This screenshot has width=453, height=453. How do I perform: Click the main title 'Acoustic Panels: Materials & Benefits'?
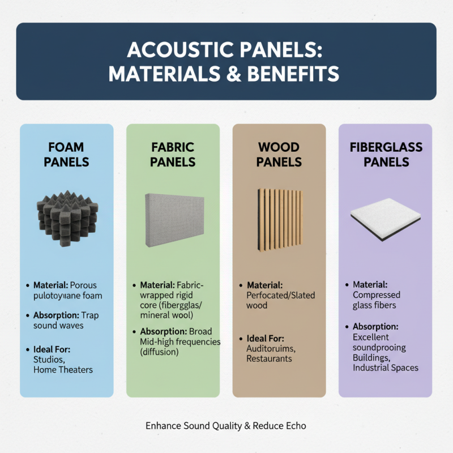[226, 61]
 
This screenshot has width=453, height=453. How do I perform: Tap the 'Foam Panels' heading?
[66, 154]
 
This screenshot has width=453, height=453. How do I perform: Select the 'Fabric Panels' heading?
[173, 154]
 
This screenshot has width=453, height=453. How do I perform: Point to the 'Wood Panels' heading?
[279, 154]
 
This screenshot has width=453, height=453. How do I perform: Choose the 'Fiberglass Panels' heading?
[386, 154]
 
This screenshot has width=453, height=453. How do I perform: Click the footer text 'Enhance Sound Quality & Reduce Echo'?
[226, 425]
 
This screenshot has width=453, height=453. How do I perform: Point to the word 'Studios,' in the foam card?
[49, 360]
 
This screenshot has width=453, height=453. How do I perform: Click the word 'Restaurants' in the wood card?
[269, 358]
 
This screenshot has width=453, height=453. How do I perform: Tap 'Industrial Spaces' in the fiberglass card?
[385, 367]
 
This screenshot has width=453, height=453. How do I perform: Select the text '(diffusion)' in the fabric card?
[159, 352]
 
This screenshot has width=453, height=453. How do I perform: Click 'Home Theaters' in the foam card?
[63, 370]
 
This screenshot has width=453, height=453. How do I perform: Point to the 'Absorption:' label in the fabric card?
[161, 331]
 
